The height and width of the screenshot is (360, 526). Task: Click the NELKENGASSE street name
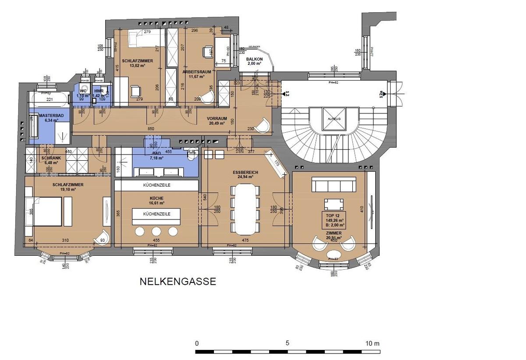178,281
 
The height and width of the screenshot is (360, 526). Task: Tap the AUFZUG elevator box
334,119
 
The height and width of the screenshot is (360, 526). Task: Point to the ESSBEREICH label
245,173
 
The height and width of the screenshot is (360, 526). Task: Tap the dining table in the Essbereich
245,209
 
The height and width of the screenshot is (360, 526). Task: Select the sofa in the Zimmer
334,186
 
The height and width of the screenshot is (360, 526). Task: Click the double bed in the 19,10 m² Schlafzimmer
44,212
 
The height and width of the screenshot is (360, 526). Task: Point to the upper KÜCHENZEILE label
156,185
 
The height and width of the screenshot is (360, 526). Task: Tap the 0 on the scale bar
197,343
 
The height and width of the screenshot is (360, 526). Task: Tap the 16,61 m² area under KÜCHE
156,203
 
